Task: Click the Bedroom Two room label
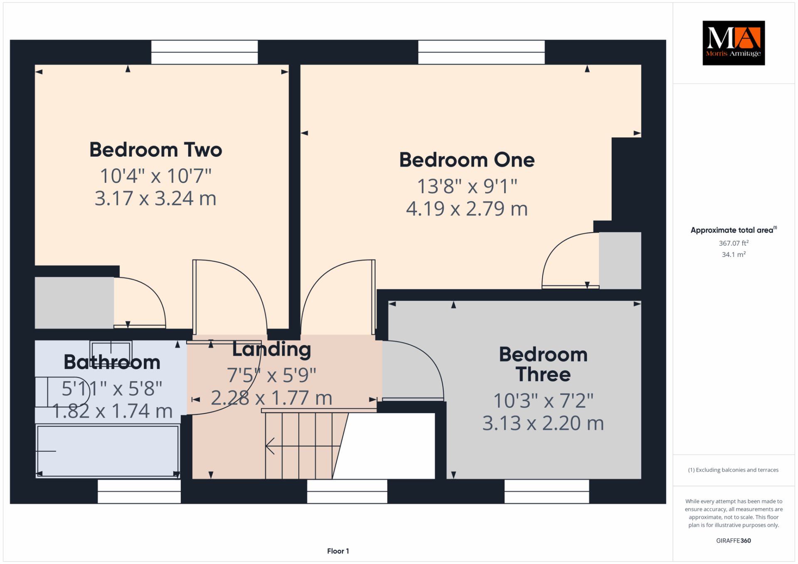156,150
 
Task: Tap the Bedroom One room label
467,160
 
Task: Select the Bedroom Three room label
543,364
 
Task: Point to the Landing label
271,350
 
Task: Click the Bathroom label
112,362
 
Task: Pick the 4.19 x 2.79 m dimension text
467,208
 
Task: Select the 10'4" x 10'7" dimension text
156,176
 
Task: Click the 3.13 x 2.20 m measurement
543,423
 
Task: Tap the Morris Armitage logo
734,43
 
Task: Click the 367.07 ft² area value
734,243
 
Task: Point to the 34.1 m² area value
734,254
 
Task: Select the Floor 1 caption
338,551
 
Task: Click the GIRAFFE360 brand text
734,540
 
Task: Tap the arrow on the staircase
303,446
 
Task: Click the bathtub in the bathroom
108,451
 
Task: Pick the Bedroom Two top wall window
204,52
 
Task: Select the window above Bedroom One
481,52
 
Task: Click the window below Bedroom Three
547,491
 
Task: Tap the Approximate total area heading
734,230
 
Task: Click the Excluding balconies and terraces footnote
733,470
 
